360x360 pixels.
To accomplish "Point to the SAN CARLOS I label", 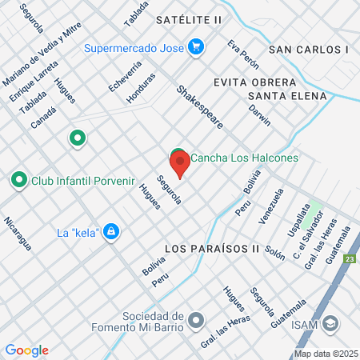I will tap(309, 49).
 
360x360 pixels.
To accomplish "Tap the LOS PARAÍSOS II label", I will tap(212, 249).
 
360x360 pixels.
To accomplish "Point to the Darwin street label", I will tap(259, 116).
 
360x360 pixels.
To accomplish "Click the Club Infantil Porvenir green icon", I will tap(19, 181).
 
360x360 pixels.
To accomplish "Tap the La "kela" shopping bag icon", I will tap(112, 233).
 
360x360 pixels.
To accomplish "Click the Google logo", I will tap(27, 350).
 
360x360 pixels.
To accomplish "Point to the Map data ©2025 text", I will tap(325, 353).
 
